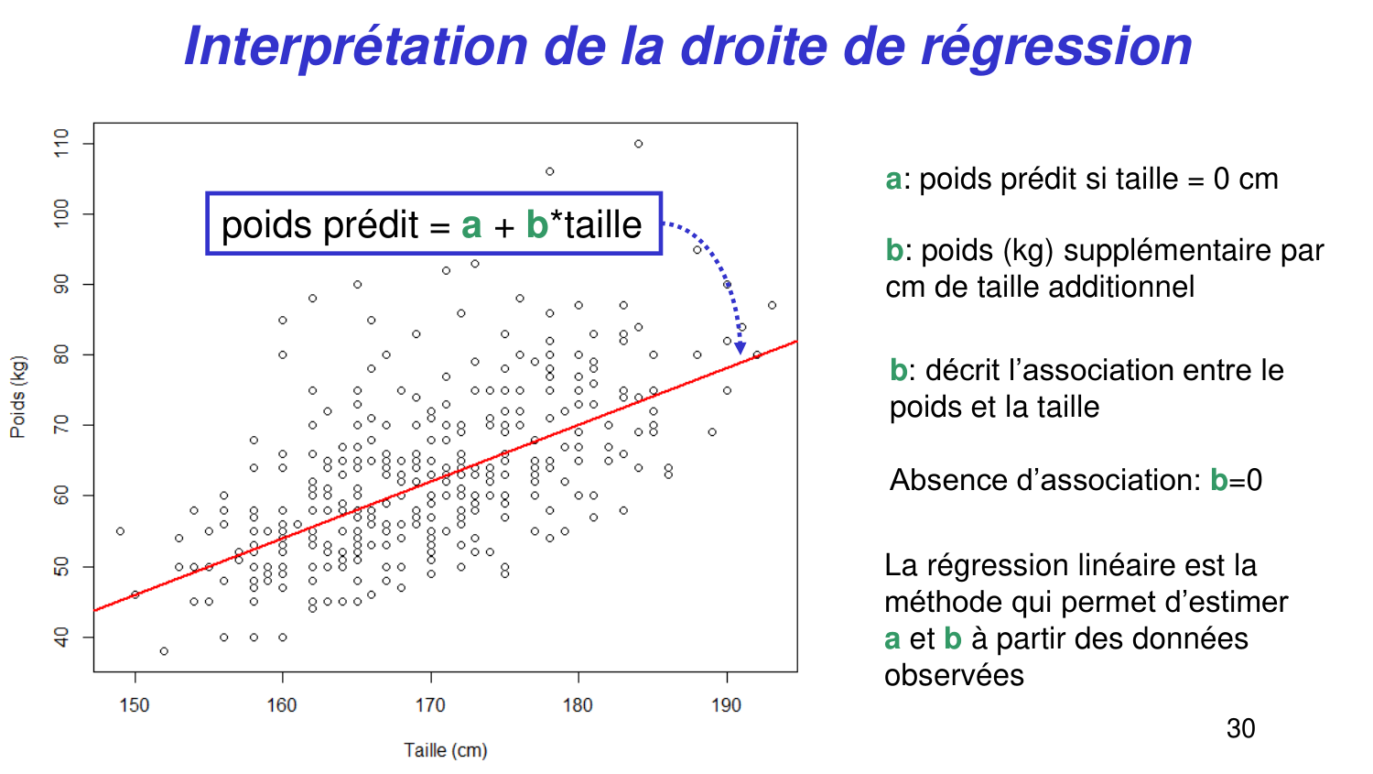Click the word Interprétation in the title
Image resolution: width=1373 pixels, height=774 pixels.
coord(356,46)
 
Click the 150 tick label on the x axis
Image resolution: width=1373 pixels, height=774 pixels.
coord(135,705)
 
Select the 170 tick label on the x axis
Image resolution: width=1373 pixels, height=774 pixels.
coord(430,705)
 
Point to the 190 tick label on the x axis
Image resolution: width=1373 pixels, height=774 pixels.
coord(727,705)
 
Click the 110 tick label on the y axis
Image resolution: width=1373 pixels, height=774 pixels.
coord(61,143)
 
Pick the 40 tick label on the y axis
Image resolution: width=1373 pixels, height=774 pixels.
coord(61,637)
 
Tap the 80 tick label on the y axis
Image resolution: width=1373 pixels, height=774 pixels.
coord(61,354)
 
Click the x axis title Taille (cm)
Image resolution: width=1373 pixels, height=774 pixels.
coord(446,750)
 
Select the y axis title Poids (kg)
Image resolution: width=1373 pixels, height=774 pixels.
coord(17,397)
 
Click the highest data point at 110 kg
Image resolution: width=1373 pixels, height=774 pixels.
coord(638,144)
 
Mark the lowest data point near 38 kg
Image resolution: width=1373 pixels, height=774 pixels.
coord(164,651)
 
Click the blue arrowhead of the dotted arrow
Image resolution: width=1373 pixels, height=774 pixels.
coord(740,347)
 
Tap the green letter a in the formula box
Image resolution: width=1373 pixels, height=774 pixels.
coord(471,225)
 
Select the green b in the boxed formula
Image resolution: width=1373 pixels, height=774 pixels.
coord(536,225)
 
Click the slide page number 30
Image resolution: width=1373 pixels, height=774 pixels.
coord(1240,728)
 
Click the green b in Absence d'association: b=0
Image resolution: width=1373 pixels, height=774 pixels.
coord(1218,480)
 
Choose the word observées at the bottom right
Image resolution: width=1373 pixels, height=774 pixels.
coord(954,675)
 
